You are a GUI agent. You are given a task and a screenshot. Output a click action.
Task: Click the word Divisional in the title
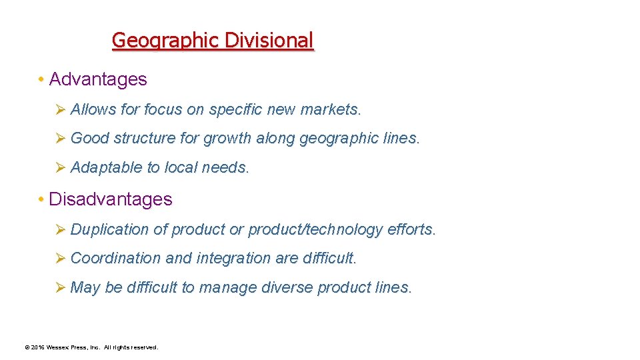[269, 41]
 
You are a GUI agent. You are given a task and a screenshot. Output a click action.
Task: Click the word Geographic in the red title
[166, 41]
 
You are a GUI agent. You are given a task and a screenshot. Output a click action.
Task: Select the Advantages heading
[98, 79]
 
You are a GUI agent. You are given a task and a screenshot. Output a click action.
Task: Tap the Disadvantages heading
[111, 199]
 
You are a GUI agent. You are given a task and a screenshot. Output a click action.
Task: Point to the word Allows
[93, 109]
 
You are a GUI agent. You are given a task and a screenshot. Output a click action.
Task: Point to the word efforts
[411, 230]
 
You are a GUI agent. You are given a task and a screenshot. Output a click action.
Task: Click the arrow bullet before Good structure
[59, 139]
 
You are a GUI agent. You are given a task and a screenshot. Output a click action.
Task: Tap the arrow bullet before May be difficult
[59, 287]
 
